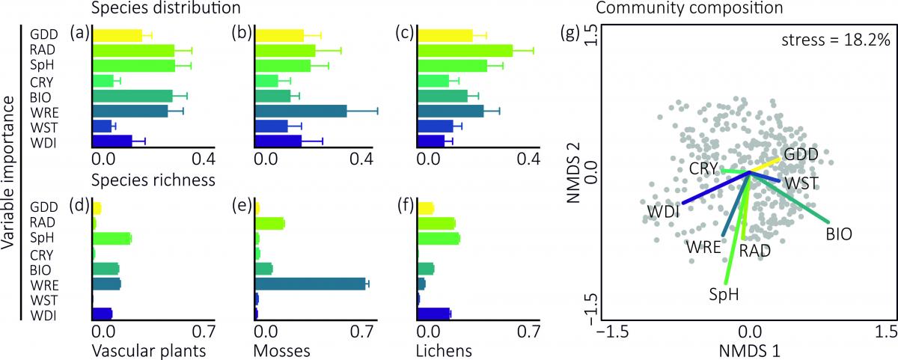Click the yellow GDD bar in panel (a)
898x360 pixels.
117,35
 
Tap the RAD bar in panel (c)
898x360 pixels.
465,50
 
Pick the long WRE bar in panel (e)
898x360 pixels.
310,284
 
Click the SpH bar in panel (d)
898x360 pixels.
112,238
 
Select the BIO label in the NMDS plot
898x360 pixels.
840,234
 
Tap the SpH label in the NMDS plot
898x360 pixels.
724,294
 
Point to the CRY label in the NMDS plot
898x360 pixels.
704,168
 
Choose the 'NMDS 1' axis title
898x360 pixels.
749,349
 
